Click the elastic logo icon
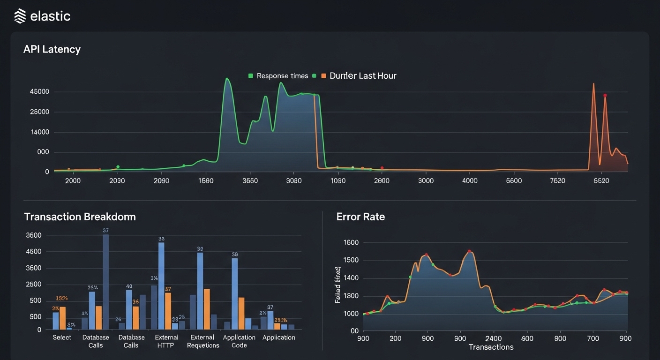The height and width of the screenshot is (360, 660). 20,16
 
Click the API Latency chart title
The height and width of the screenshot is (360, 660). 52,49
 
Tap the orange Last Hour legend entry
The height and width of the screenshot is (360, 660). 359,76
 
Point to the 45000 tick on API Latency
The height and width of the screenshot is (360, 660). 39,92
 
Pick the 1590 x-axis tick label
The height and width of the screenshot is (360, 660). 206,181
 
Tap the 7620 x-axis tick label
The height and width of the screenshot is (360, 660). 557,181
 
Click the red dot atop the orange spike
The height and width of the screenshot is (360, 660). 605,96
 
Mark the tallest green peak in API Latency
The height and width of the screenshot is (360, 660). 227,79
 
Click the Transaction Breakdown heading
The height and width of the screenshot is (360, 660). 80,217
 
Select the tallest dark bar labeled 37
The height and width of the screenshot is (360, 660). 105,281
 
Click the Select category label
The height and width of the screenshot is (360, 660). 62,337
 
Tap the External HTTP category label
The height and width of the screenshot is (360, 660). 166,341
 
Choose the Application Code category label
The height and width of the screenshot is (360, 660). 239,341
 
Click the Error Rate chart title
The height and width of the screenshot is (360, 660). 360,217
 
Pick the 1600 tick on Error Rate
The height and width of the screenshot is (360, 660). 351,243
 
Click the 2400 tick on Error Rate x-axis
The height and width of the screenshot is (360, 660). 494,338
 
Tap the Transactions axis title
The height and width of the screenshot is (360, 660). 491,347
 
